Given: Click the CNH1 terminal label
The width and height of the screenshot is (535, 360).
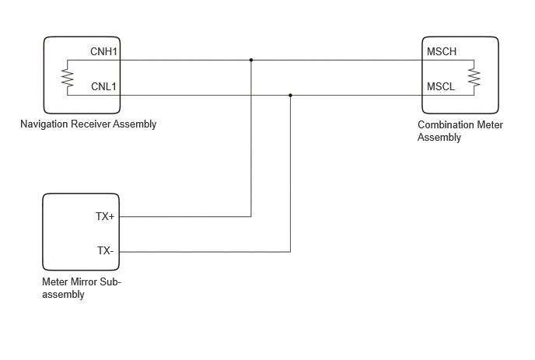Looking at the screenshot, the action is [x=103, y=51].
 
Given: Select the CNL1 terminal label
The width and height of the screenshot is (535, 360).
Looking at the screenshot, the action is [x=103, y=86].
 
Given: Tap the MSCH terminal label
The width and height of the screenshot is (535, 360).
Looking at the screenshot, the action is [x=442, y=51].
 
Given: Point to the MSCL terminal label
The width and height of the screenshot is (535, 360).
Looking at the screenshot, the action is [x=441, y=86].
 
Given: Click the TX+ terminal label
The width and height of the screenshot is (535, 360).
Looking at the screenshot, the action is [x=105, y=216].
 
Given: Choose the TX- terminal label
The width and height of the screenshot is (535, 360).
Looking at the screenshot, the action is [x=105, y=251].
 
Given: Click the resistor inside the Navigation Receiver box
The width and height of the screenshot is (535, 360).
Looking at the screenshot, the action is [x=68, y=78].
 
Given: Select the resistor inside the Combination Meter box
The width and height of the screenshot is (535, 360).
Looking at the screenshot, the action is [x=474, y=78].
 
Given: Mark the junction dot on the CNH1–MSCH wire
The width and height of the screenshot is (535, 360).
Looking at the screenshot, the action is [x=251, y=60].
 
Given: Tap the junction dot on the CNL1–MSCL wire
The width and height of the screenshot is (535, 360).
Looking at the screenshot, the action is [x=290, y=95].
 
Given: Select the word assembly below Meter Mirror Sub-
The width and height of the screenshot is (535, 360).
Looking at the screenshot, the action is [x=63, y=295].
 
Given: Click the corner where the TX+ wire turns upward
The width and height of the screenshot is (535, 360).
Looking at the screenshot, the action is [x=251, y=216].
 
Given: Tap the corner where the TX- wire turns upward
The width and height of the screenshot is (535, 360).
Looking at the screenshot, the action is [x=290, y=252].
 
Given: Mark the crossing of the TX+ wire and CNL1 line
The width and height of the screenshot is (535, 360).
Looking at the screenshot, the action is [x=251, y=95].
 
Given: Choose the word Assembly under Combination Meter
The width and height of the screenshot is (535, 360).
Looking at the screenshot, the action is [x=439, y=137].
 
